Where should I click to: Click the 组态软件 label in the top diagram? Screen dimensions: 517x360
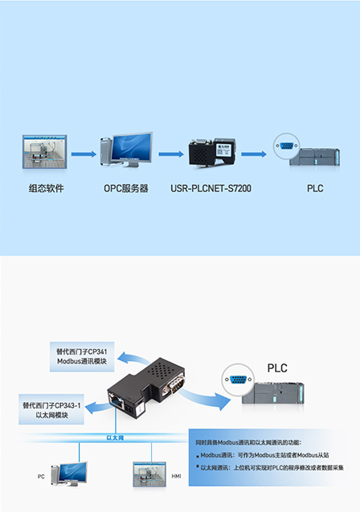click(45, 190)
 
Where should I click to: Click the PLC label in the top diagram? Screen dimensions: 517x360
click(315, 190)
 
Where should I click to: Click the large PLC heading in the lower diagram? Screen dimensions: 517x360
click(276, 368)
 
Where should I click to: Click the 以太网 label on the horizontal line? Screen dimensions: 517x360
click(115, 437)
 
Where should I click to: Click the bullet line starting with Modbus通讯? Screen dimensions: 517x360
click(265, 455)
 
